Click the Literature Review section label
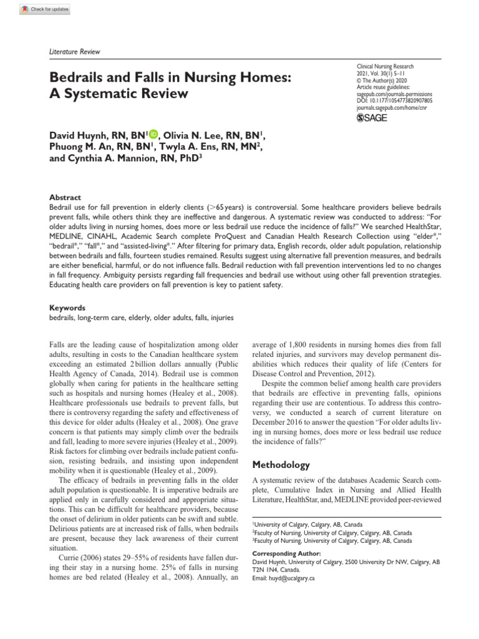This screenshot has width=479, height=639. [x=74, y=52]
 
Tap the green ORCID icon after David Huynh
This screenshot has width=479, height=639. [x=154, y=134]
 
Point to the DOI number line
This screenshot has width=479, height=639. [x=394, y=100]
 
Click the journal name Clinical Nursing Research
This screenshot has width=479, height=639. [x=385, y=66]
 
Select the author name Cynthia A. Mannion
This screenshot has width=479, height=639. [x=109, y=158]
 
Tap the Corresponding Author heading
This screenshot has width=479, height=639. [x=286, y=553]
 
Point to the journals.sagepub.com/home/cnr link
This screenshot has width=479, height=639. [x=392, y=107]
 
